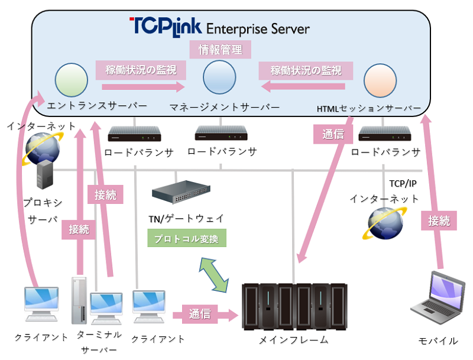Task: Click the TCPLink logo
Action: [165, 25]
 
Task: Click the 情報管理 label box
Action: [220, 50]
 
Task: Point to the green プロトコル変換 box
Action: [186, 239]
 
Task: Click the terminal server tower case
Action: [79, 299]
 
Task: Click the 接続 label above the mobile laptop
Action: [439, 221]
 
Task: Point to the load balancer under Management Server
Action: [222, 132]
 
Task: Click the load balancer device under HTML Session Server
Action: [385, 133]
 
